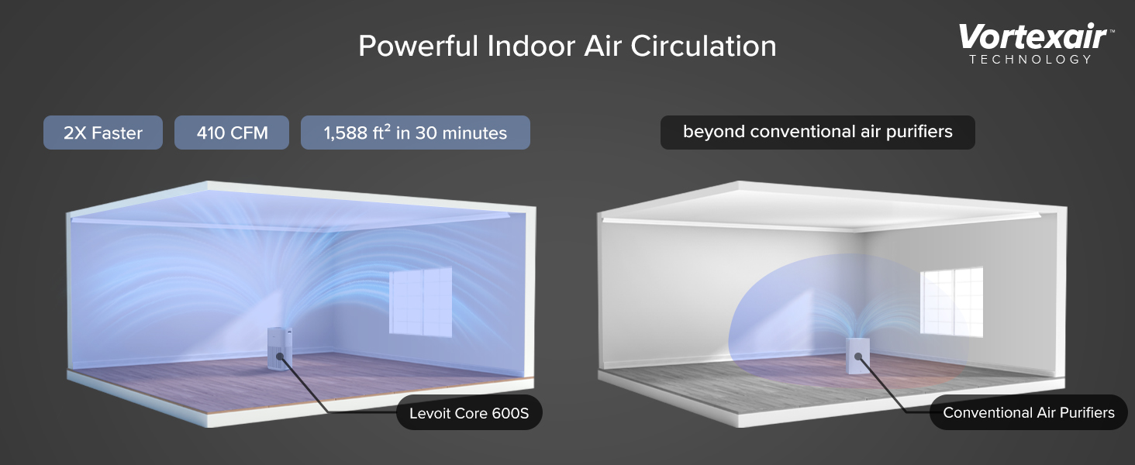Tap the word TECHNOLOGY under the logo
click(1030, 59)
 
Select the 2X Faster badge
click(103, 133)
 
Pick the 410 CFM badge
click(232, 133)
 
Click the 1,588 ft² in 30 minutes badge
click(416, 133)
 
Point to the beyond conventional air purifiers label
click(818, 133)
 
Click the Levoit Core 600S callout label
click(469, 413)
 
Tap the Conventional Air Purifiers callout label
click(1029, 412)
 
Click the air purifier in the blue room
click(280, 349)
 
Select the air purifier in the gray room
click(857, 356)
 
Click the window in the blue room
click(420, 302)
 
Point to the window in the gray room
click(951, 302)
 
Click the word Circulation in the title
click(703, 46)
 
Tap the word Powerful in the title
click(418, 46)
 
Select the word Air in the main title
click(602, 46)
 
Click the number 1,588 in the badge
click(345, 133)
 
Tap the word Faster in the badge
click(117, 133)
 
